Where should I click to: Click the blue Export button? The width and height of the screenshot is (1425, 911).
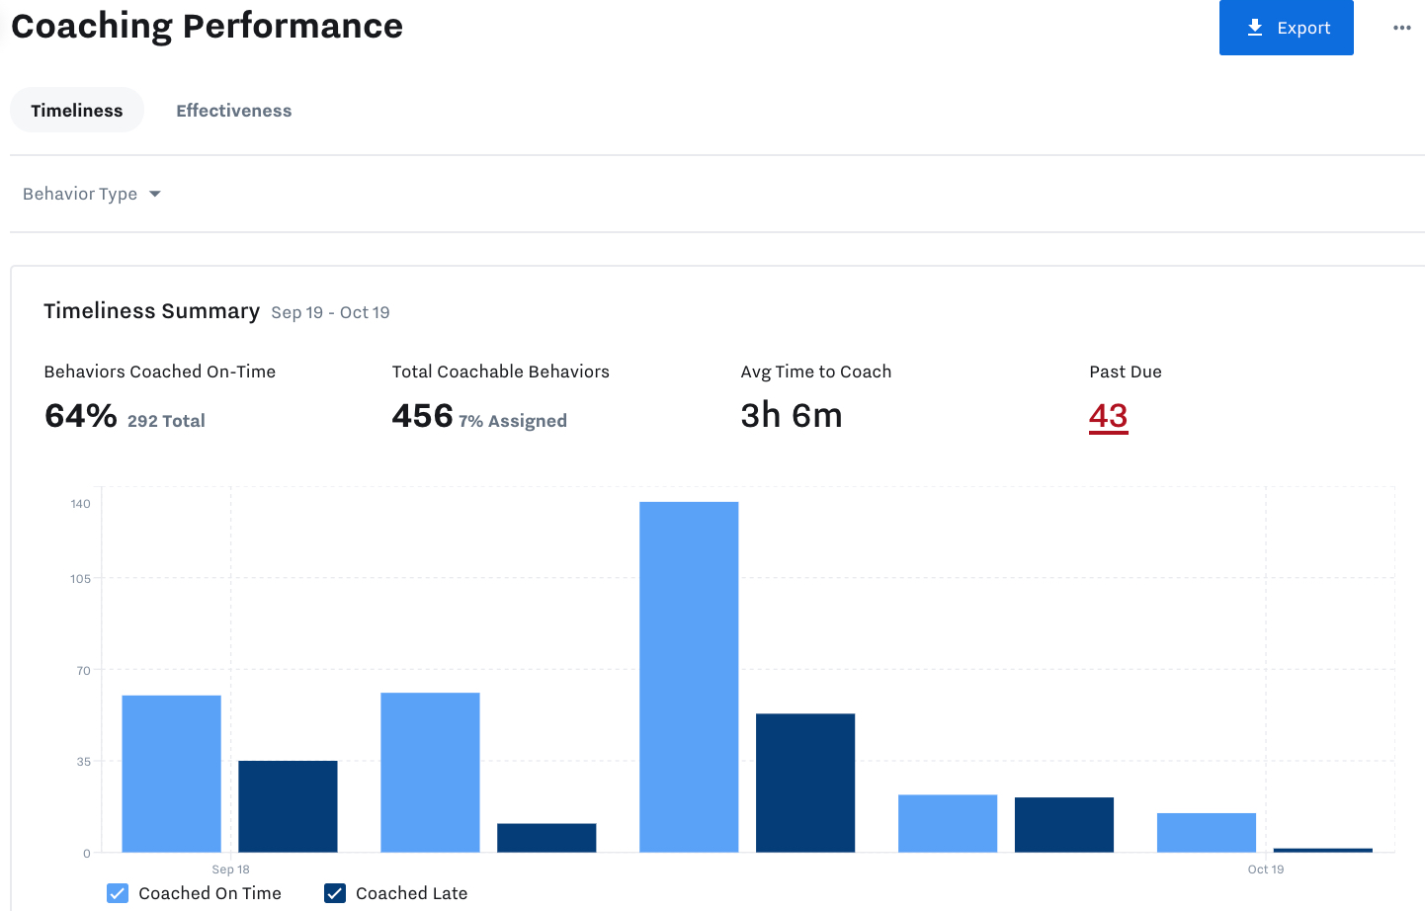click(x=1286, y=28)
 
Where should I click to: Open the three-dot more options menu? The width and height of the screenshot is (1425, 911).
click(x=1401, y=28)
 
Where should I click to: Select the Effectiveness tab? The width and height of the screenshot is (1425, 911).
click(x=233, y=111)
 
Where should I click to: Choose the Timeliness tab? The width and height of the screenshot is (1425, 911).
click(x=77, y=111)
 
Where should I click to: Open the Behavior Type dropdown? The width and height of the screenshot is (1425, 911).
click(x=92, y=194)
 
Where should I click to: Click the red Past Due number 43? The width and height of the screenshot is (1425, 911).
click(x=1108, y=416)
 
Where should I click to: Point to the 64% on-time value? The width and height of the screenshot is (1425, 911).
click(x=81, y=416)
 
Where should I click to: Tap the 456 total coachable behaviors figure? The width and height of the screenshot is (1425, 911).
click(x=422, y=416)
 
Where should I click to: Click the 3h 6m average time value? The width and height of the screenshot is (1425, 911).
click(x=791, y=416)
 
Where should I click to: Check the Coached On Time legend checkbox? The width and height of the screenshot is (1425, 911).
click(x=118, y=893)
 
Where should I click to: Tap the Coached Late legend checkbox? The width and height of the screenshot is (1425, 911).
click(x=335, y=893)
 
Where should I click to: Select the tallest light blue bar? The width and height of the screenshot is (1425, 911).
click(x=689, y=676)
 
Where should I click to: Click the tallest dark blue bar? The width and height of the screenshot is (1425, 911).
click(x=805, y=783)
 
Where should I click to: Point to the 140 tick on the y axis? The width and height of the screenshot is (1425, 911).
click(x=80, y=504)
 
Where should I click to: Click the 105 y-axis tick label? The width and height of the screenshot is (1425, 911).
click(x=80, y=579)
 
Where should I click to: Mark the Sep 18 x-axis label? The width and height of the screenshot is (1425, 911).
click(x=230, y=870)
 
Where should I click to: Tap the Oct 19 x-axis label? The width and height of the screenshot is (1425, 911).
click(x=1265, y=870)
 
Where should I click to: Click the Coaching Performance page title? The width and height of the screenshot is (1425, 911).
click(x=207, y=26)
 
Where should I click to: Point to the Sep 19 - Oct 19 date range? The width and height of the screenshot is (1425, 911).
click(x=330, y=313)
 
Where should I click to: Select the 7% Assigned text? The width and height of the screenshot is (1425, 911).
click(x=513, y=421)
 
